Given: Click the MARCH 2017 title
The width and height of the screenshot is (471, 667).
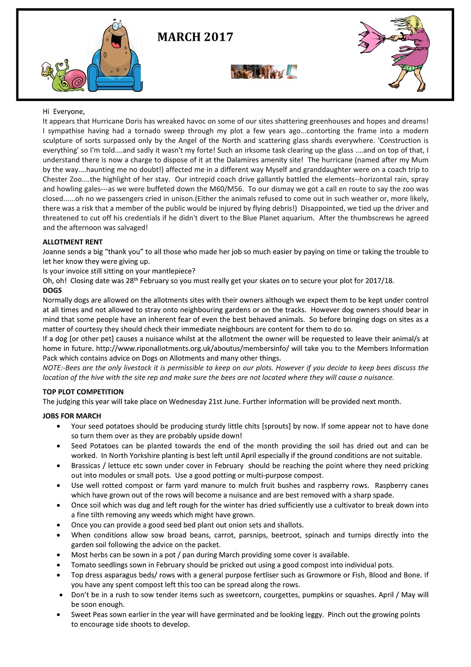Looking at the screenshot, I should click(x=195, y=37).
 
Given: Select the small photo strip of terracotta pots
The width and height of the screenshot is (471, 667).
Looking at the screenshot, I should click(x=263, y=72).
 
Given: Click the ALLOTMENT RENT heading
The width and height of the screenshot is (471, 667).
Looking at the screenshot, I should click(x=73, y=242).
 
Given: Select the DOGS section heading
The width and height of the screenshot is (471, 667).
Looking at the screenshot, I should click(x=52, y=291).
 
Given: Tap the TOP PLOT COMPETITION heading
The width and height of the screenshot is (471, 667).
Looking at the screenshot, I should click(x=83, y=392).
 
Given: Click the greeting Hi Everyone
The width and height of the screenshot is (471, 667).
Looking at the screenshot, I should click(x=61, y=111).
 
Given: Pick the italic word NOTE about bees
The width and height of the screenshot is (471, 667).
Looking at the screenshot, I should click(x=53, y=368).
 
